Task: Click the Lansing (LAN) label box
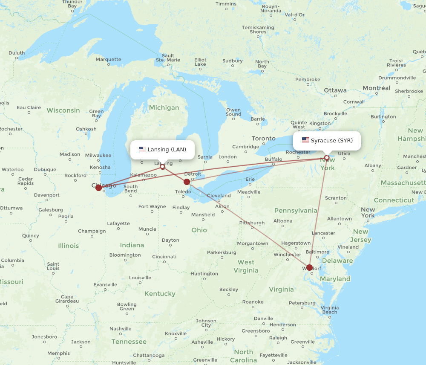tap(162, 150)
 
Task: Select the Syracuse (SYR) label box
tap(327, 141)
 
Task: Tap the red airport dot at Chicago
tap(98, 188)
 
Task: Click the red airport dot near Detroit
tap(187, 182)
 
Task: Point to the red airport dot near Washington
tap(309, 268)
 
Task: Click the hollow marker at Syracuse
tap(327, 158)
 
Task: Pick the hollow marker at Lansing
tap(162, 167)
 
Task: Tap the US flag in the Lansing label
tap(142, 149)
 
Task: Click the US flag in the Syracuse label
tap(305, 140)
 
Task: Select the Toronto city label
tap(263, 139)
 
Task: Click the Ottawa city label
tap(335, 90)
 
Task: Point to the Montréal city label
tap(376, 88)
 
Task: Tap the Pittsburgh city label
tap(252, 223)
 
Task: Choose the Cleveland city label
tap(219, 196)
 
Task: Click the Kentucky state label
tap(160, 293)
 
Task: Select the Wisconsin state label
tap(63, 110)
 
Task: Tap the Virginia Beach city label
tap(330, 310)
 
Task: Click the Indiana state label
tap(132, 245)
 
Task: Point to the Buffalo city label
tap(273, 159)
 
